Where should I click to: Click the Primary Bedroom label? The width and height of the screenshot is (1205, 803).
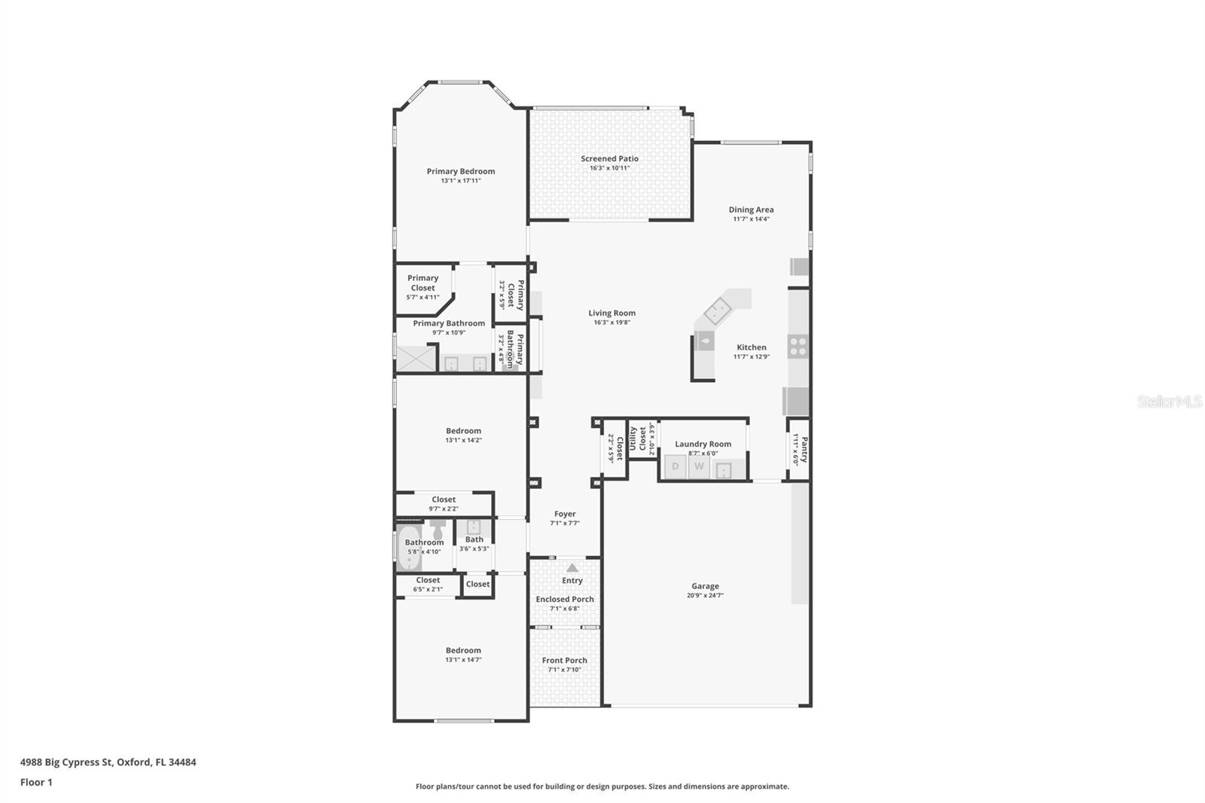(x=461, y=171)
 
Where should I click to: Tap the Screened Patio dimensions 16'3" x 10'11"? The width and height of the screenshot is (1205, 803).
(x=609, y=168)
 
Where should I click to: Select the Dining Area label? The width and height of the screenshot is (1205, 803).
(x=751, y=209)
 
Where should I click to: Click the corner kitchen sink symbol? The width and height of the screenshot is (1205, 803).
(x=717, y=310)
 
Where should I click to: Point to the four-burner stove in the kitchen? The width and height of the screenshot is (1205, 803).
(x=798, y=347)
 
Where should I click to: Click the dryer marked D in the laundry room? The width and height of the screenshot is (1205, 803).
(x=675, y=466)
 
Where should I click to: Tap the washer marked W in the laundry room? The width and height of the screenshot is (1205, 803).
(x=699, y=466)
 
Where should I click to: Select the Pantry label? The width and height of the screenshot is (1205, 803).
(x=804, y=449)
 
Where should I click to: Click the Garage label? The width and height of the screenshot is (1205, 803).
(x=705, y=585)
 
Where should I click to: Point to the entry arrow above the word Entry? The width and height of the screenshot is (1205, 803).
(x=572, y=568)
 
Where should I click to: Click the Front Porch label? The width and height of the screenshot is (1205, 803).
(x=564, y=660)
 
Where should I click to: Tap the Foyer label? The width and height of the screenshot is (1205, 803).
(x=565, y=514)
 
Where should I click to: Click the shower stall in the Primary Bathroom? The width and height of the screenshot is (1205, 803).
(x=416, y=358)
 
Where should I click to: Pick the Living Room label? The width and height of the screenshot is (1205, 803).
(x=612, y=313)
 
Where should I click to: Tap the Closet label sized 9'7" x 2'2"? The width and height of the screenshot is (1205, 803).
(x=444, y=499)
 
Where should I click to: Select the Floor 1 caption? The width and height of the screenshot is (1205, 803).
(x=36, y=782)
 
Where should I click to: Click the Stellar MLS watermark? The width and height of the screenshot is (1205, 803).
(x=1169, y=401)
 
